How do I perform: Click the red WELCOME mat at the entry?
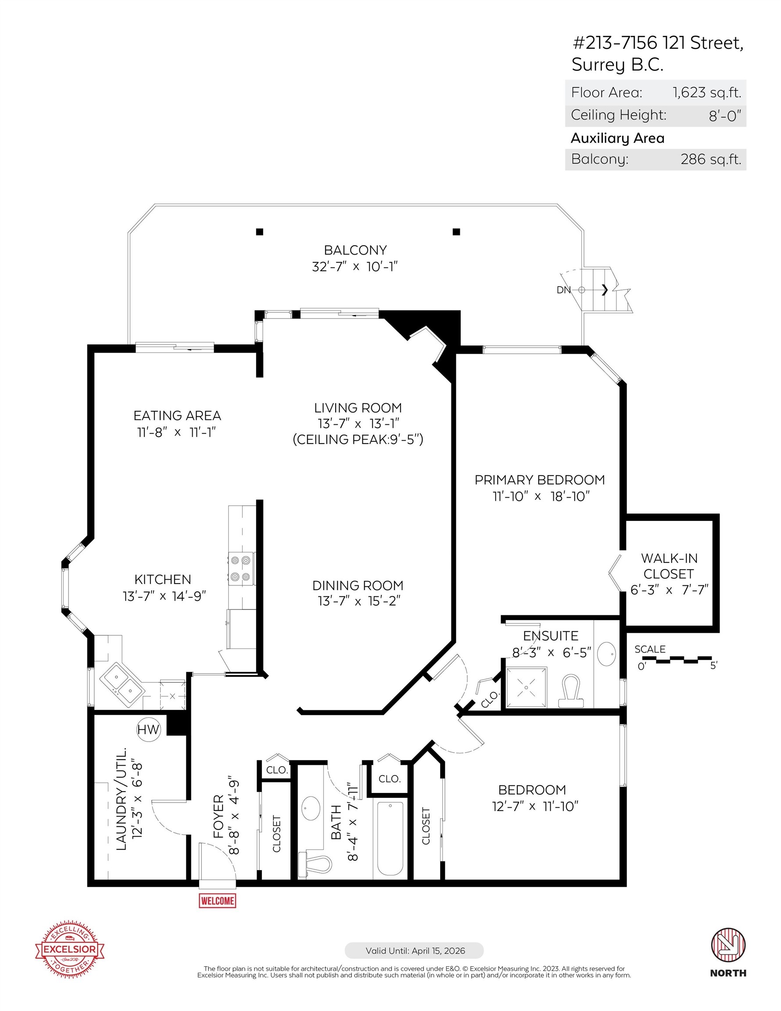coord(217,900)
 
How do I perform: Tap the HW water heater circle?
coord(148,730)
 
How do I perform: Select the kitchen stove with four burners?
coord(241,568)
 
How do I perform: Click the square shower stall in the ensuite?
coord(527,687)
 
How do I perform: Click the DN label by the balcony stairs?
coord(563,290)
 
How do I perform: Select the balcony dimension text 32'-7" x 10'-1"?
coord(355,267)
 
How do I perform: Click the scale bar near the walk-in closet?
coord(677,659)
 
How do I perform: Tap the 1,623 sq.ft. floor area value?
coord(706,93)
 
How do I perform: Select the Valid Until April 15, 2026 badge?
coord(414,951)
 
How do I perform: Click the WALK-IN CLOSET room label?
coord(669,566)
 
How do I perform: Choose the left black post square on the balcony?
coord(260,232)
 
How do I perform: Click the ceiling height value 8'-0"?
coord(724,115)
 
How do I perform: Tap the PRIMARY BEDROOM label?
coord(539,480)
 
